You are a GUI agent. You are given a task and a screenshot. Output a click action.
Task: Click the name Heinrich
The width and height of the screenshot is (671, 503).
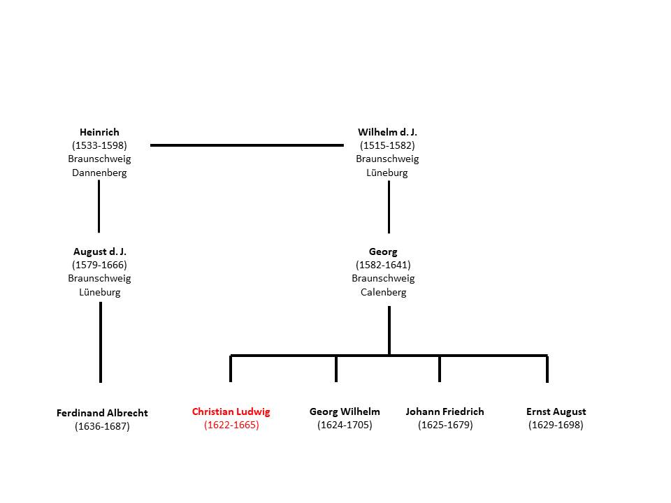[x=99, y=132]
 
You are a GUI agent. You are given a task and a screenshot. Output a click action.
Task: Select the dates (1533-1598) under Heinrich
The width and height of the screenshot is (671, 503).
[x=99, y=145]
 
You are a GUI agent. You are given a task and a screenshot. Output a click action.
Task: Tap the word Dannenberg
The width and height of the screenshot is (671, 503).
[x=99, y=173]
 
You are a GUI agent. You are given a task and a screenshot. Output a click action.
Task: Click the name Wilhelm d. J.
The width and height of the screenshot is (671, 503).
[x=387, y=132]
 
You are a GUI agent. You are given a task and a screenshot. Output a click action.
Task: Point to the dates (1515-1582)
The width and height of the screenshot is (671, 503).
[x=387, y=145]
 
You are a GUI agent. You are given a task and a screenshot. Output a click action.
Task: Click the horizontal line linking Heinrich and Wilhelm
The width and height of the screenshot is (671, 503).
[x=247, y=145]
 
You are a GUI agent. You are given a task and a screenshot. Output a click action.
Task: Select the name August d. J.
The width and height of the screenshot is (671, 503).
[x=100, y=251]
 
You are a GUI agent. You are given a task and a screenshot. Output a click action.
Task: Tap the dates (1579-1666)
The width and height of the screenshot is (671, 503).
[x=99, y=265]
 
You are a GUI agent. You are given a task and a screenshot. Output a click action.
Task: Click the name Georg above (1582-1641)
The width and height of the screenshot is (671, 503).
[x=383, y=252]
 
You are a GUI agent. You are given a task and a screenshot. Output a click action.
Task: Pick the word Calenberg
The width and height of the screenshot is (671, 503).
[x=384, y=292]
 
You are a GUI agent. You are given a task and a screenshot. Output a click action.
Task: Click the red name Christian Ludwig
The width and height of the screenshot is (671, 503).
[x=231, y=412]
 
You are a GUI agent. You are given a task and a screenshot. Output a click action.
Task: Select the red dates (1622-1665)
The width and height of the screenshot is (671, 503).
[x=231, y=425]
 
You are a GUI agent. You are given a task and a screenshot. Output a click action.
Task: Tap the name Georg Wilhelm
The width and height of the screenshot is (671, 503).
[x=345, y=412]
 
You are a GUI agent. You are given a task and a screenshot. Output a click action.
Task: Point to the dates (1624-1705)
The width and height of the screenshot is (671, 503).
[x=345, y=425]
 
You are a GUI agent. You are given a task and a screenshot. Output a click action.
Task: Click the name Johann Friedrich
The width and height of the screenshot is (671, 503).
[x=445, y=411]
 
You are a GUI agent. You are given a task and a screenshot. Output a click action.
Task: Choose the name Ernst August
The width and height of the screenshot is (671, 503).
[x=556, y=412]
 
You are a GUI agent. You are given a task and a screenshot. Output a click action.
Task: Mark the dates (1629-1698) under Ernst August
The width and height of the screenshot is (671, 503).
[x=556, y=425]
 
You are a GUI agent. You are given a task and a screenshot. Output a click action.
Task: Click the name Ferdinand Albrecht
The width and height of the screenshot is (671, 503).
[x=102, y=413]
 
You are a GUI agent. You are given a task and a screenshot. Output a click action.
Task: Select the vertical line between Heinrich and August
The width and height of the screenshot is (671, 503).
[x=99, y=206]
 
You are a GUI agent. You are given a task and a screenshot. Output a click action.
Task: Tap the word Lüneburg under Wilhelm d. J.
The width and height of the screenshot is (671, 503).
[x=387, y=173]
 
